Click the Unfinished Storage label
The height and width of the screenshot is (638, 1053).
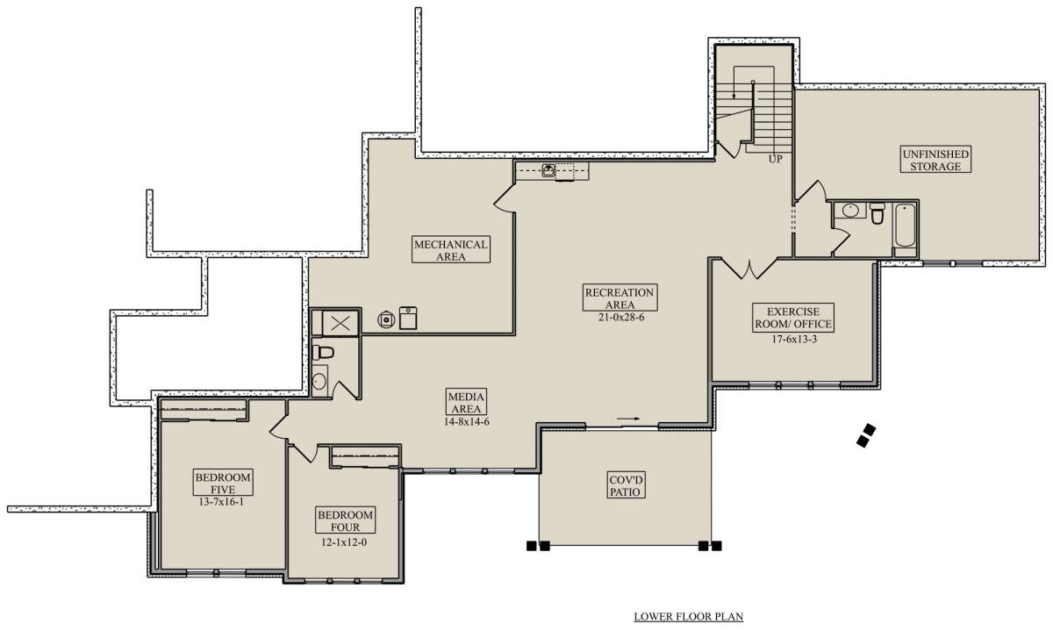pos(935,160)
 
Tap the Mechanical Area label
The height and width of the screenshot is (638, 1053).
pos(451,249)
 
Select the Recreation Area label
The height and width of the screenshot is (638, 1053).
pos(620,297)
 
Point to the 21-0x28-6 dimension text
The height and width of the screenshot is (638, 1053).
pos(621,318)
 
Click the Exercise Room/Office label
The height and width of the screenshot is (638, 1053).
pos(793,318)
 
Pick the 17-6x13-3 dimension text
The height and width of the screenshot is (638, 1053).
pos(794,339)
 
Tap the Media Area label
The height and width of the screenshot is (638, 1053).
pos(466,402)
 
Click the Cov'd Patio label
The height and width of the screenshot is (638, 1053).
pos(625,485)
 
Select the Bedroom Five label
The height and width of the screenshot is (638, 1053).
pos(223,483)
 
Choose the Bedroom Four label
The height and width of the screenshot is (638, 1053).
pos(345,520)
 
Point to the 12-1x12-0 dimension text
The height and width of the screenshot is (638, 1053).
pos(344,542)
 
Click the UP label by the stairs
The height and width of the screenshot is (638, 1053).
pos(775,160)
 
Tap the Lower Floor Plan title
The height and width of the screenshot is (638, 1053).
pos(689,616)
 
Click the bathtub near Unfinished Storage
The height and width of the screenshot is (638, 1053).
pos(905,226)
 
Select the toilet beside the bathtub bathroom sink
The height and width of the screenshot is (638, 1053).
pos(877,213)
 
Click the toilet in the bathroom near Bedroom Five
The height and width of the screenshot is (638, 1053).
pos(323,352)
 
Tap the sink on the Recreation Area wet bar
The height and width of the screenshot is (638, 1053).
pos(548,169)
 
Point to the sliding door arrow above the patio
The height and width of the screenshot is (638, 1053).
pos(628,419)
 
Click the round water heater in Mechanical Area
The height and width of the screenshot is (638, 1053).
pos(386,319)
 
